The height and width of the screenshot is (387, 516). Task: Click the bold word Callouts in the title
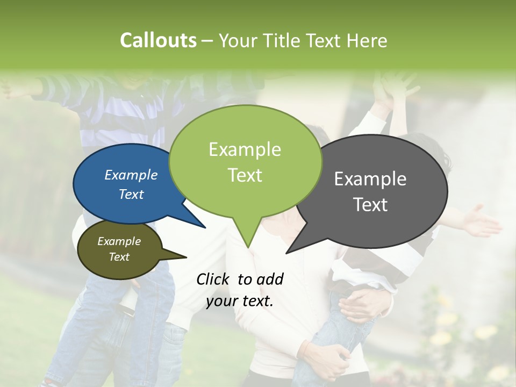pyautogui.click(x=158, y=40)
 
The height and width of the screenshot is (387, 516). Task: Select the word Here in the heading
pyautogui.click(x=368, y=40)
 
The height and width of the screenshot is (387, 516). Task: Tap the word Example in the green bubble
pyautogui.click(x=245, y=149)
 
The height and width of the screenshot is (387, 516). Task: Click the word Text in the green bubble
pyautogui.click(x=245, y=175)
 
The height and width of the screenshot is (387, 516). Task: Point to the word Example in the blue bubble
pyautogui.click(x=131, y=175)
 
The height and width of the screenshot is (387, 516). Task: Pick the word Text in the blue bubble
pyautogui.click(x=131, y=194)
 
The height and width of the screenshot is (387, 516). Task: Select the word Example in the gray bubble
pyautogui.click(x=370, y=178)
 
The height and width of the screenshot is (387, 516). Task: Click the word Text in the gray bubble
pyautogui.click(x=370, y=204)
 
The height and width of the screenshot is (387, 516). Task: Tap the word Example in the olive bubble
pyautogui.click(x=119, y=241)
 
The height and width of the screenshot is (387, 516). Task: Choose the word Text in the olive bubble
pyautogui.click(x=119, y=257)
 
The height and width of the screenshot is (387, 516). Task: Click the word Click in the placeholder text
pyautogui.click(x=214, y=279)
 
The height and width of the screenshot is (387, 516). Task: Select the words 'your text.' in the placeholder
pyautogui.click(x=240, y=301)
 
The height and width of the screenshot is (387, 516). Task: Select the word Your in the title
pyautogui.click(x=239, y=40)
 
